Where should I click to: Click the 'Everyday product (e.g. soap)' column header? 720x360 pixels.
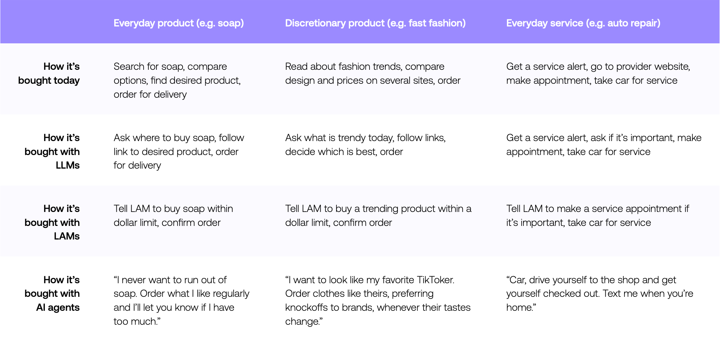179,23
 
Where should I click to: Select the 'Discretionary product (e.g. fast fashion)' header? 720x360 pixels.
375,23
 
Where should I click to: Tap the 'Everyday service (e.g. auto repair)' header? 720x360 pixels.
583,23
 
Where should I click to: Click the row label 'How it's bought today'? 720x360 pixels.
49,73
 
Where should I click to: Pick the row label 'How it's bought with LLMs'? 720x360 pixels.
52,151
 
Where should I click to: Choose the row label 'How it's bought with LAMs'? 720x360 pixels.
52,222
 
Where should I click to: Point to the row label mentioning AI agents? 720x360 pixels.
52,294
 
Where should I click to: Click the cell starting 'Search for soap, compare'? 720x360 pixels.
177,80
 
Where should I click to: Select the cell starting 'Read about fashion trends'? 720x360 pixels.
372,73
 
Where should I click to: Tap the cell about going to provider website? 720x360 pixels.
598,73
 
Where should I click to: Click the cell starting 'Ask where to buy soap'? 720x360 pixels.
179,151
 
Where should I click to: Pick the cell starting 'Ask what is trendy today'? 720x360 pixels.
366,144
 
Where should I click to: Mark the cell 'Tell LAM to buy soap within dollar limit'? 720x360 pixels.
173,215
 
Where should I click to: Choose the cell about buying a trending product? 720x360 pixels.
378,215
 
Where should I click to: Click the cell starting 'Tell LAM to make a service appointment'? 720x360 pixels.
598,215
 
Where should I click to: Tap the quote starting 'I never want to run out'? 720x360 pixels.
181,300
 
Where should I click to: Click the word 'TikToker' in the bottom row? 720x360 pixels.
436,280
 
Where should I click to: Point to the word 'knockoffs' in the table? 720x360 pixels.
306,307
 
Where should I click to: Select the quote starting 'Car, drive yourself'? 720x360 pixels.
600,294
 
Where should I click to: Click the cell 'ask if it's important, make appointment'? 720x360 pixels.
604,144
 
